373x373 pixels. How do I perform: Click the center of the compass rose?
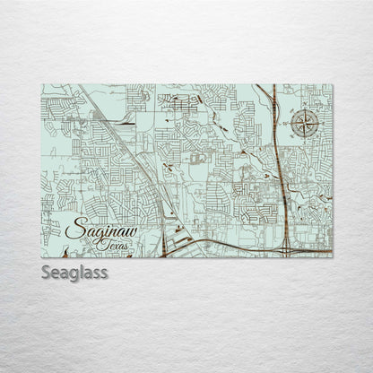(x=305, y=125)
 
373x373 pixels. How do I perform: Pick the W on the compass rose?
(x=291, y=125)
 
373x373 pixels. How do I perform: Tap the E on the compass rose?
(x=319, y=125)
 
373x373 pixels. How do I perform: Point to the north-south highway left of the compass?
(x=274, y=134)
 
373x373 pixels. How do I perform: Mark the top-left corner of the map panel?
(x=41, y=84)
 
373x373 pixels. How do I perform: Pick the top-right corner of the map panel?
(x=332, y=84)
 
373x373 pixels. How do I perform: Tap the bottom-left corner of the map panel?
(x=41, y=257)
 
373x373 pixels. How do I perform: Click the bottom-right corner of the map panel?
(x=332, y=257)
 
